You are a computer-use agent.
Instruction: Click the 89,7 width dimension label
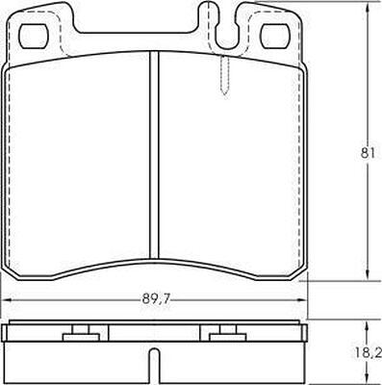[x=155, y=299]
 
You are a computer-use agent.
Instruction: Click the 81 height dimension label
[x=368, y=153]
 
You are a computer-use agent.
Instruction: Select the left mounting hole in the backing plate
[x=34, y=36]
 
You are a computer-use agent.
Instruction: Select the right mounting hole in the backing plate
[x=274, y=36]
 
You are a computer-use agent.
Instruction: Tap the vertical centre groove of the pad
[x=155, y=155]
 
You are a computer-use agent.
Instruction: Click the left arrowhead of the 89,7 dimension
[x=7, y=300]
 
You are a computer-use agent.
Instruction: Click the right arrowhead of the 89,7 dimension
[x=302, y=300]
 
